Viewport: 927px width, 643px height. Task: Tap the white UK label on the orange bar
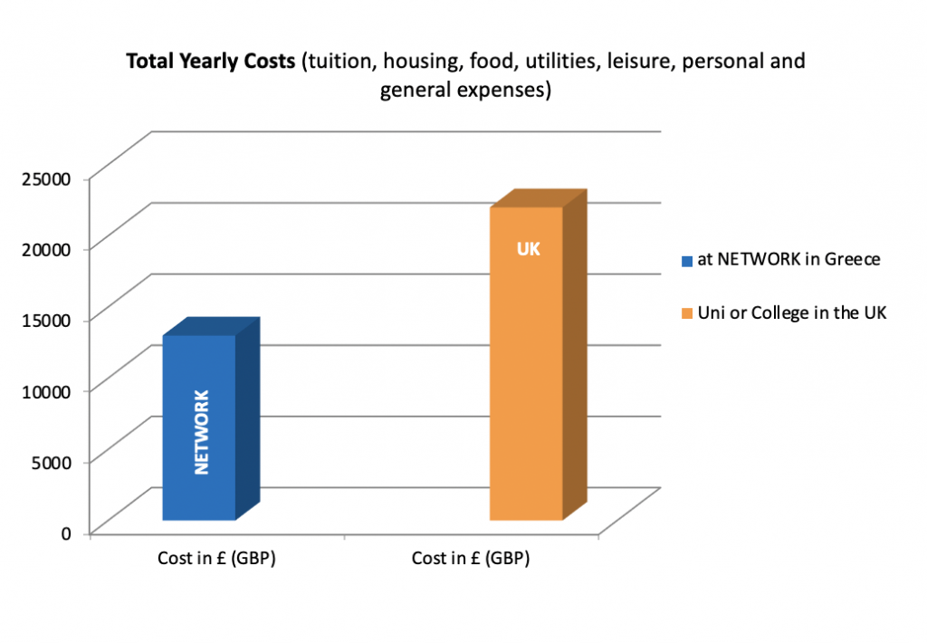(528, 248)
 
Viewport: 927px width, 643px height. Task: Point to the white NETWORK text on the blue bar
(201, 432)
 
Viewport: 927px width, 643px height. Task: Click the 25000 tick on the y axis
(48, 178)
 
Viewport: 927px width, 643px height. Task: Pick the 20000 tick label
(48, 249)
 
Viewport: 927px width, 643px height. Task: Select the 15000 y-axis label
(48, 320)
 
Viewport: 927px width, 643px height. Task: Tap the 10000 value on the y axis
(48, 390)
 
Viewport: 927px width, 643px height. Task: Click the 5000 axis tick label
(53, 462)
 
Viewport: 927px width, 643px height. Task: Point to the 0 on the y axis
(66, 533)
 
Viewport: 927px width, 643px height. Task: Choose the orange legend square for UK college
(688, 313)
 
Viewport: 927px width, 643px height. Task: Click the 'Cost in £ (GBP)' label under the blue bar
(217, 558)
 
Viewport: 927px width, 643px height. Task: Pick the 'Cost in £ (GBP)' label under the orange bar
(471, 558)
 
